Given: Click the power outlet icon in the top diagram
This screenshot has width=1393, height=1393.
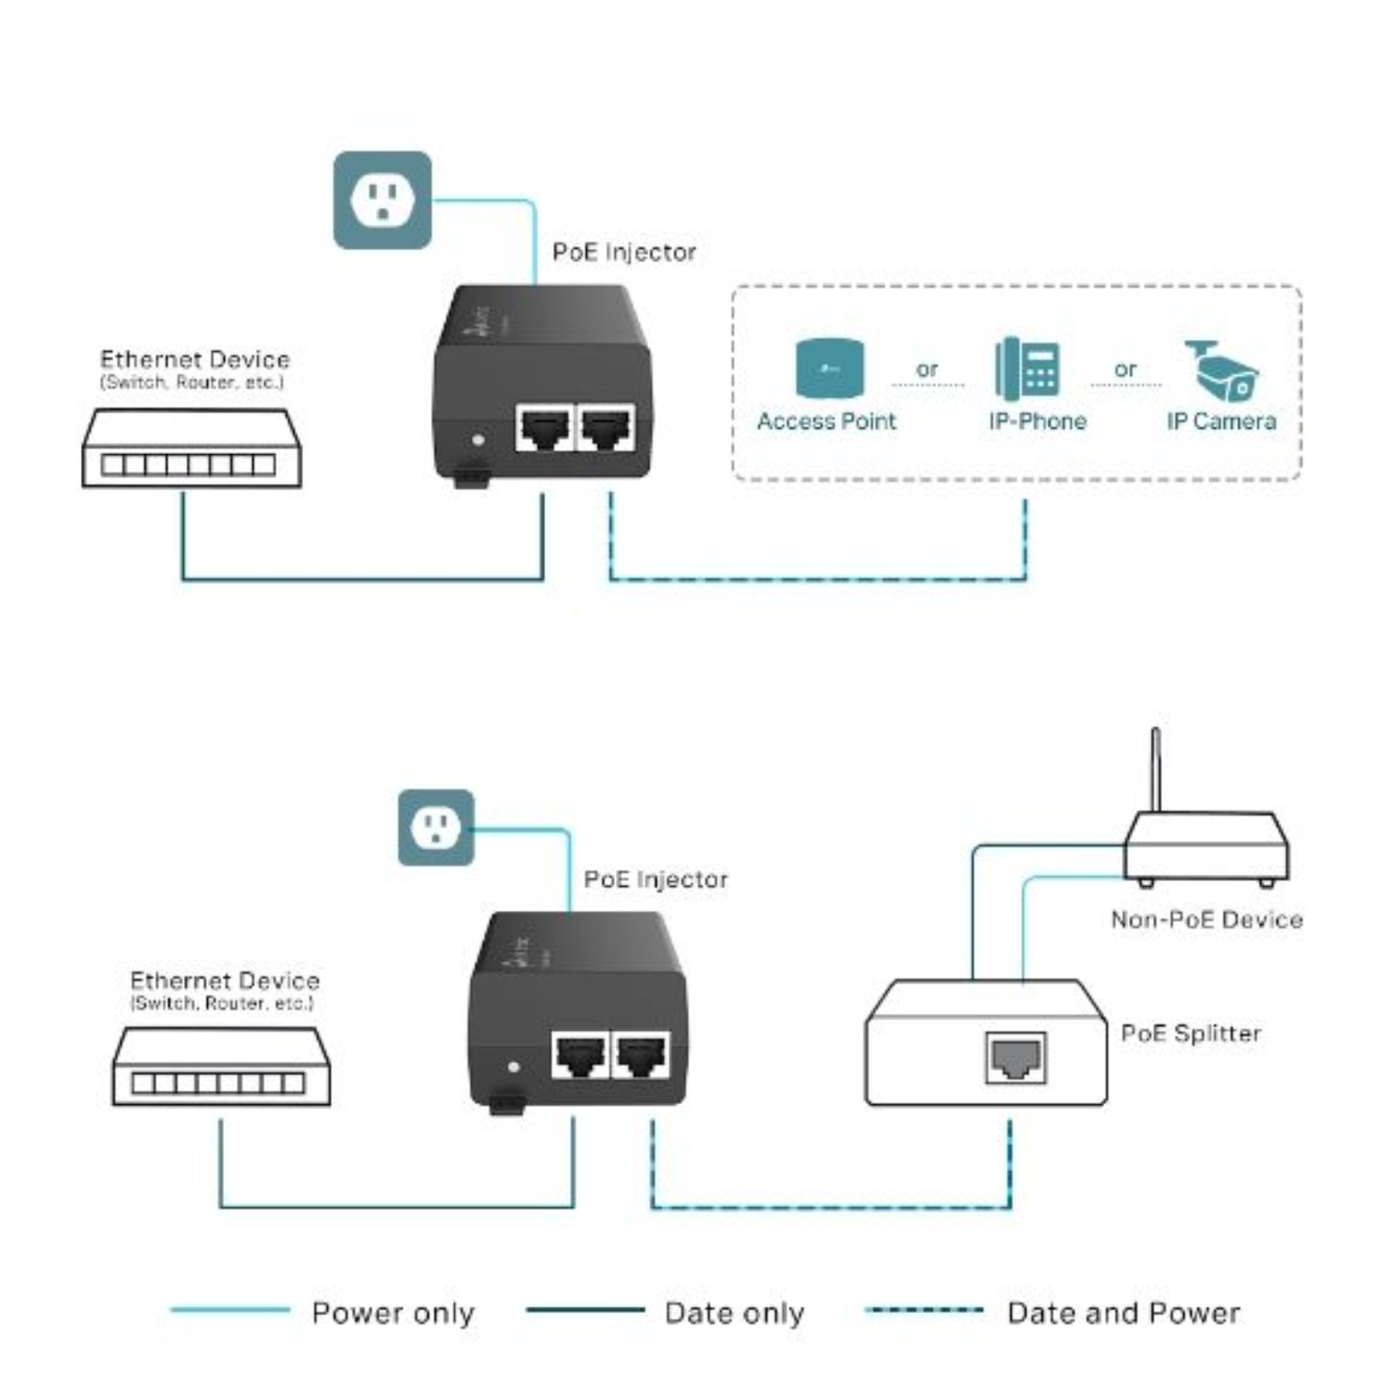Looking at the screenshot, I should [382, 201].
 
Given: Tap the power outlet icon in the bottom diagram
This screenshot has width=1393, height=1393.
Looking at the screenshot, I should [436, 827].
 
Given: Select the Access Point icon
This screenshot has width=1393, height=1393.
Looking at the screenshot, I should [829, 368].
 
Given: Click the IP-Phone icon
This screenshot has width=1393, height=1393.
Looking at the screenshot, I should [1028, 368].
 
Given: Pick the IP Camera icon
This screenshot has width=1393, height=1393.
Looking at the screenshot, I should [1221, 370].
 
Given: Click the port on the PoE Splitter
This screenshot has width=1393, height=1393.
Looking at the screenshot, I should [1015, 1057].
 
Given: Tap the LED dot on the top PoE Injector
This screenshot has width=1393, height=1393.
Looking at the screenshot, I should [479, 441].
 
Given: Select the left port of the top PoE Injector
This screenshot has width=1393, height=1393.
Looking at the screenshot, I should [545, 428].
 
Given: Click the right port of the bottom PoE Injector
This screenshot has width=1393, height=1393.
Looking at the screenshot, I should [642, 1055].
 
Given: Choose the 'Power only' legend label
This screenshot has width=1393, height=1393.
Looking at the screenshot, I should [393, 1313].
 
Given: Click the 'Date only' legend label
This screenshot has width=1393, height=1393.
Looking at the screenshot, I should [734, 1313].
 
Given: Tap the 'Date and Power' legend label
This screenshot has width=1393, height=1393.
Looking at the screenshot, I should [1123, 1313].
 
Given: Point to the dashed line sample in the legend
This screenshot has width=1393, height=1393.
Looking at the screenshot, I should [924, 1310].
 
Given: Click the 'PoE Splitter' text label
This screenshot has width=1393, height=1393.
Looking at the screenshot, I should [1191, 1033].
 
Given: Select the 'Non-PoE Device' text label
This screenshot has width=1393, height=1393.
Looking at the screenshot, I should [1206, 920].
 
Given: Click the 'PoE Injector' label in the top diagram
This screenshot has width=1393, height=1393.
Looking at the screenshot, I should [624, 253].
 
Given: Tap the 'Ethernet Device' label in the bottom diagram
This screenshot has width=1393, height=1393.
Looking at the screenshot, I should [225, 981].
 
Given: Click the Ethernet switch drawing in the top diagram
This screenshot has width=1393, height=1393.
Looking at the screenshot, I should [192, 448].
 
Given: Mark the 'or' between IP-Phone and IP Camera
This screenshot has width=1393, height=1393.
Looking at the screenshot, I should [1125, 369].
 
